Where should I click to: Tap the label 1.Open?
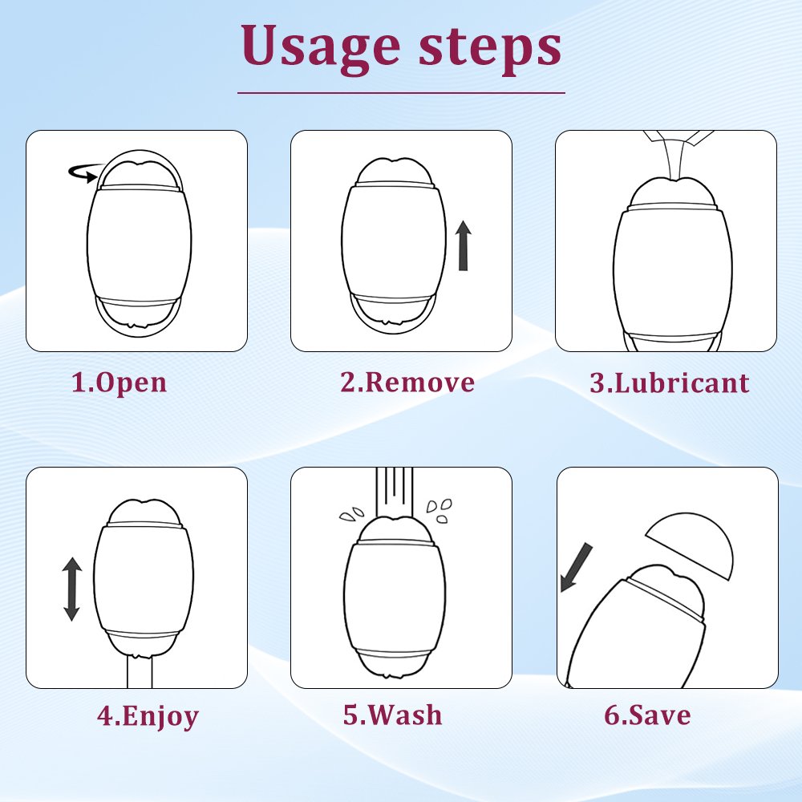click(x=119, y=383)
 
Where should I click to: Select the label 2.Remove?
click(x=407, y=382)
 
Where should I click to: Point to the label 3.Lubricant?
click(x=669, y=383)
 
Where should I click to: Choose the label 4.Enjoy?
click(x=148, y=715)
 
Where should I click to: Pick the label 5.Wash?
click(x=392, y=715)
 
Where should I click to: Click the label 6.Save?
click(x=647, y=715)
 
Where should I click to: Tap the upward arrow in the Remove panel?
click(x=464, y=245)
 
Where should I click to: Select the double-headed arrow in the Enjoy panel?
click(x=71, y=589)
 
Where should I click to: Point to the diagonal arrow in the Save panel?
click(x=576, y=568)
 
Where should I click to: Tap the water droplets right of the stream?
click(x=439, y=511)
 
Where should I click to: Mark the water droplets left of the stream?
click(x=351, y=514)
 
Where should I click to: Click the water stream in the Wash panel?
click(x=395, y=492)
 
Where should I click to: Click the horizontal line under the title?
click(x=401, y=93)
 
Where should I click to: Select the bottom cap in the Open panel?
click(x=137, y=317)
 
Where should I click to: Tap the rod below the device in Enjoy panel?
click(x=140, y=672)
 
